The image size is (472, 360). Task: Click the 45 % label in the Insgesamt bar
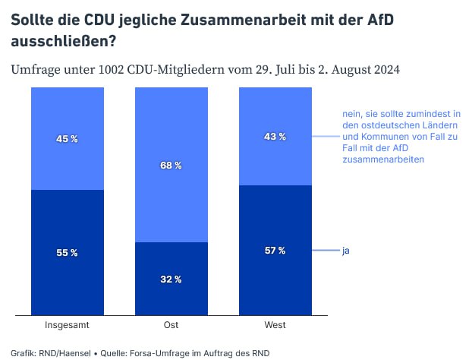[68, 139]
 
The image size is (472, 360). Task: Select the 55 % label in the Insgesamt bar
[68, 252]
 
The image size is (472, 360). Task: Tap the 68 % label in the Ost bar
[171, 166]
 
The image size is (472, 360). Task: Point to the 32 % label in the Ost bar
[171, 279]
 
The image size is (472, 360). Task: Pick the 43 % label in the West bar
[275, 137]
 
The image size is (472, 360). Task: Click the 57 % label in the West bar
[275, 250]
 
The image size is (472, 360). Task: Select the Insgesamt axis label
[68, 325]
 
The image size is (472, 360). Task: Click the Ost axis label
[171, 325]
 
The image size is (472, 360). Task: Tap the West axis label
[275, 325]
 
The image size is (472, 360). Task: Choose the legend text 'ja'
[346, 250]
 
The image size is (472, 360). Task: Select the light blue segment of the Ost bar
[171, 122]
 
